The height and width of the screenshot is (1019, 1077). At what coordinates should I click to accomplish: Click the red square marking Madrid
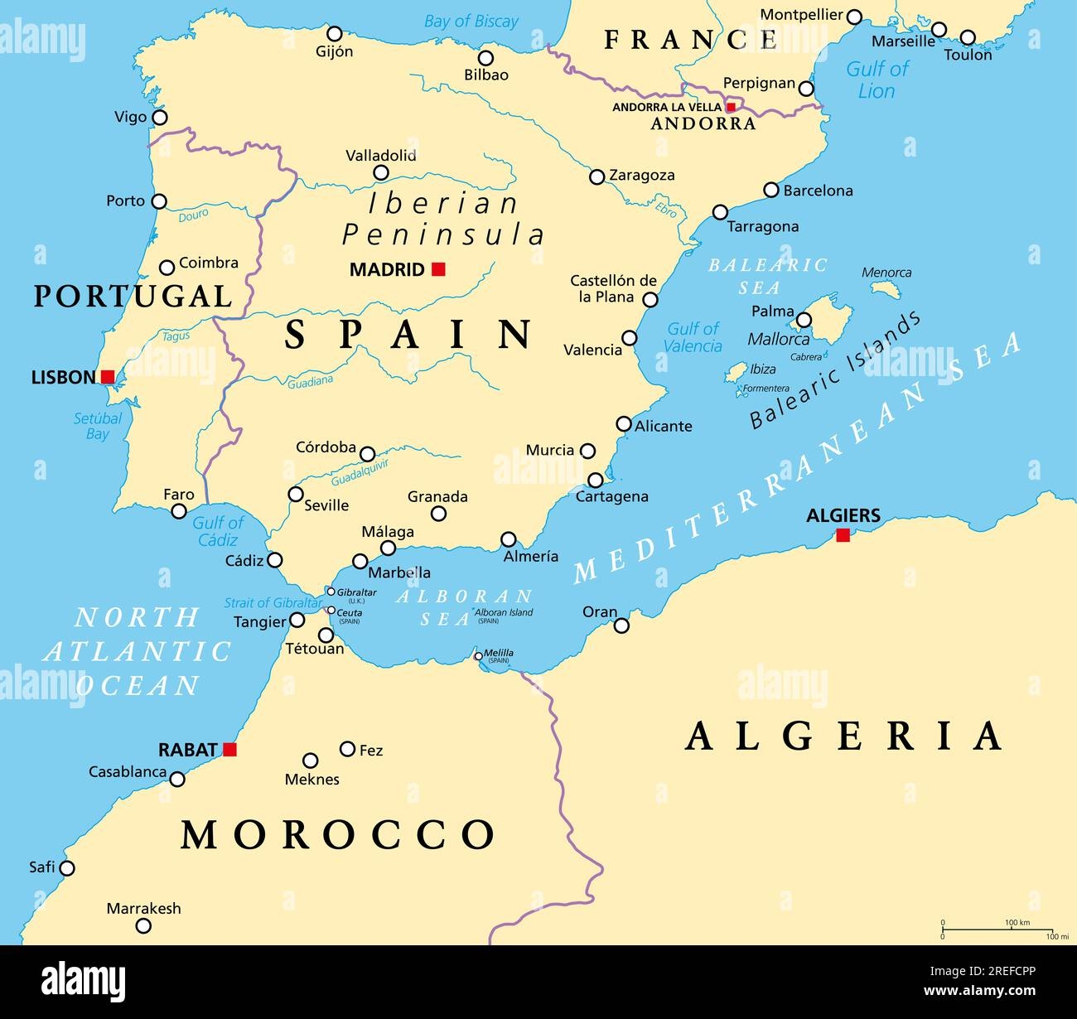(438, 268)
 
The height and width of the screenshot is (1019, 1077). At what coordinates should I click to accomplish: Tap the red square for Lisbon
(108, 377)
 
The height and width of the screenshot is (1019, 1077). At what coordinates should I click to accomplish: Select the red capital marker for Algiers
(843, 535)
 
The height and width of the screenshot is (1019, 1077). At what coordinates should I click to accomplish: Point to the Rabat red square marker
(229, 750)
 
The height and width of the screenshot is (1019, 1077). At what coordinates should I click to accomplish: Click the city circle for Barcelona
(771, 190)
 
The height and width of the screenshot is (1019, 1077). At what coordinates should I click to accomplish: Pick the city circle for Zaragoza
(596, 176)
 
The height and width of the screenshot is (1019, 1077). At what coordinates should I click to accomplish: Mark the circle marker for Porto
(159, 201)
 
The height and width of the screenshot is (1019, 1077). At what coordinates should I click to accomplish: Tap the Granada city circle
(439, 514)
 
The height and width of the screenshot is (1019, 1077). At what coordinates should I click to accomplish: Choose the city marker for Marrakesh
(143, 925)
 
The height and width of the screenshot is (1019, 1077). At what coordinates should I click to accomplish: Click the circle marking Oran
(621, 625)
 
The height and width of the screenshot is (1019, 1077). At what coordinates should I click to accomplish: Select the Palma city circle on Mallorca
(804, 320)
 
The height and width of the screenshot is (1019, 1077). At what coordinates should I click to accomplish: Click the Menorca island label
(886, 273)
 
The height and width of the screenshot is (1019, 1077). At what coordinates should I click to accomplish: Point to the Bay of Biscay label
(471, 22)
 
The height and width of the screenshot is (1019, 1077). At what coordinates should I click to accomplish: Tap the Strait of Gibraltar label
(273, 603)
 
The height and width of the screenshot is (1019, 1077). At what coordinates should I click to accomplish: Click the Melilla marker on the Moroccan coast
(479, 656)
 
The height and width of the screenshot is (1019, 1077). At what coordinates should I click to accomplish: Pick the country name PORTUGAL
(133, 296)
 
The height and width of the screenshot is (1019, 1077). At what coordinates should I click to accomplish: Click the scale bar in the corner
(997, 930)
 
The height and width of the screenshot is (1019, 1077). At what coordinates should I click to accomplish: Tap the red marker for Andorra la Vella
(731, 107)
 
